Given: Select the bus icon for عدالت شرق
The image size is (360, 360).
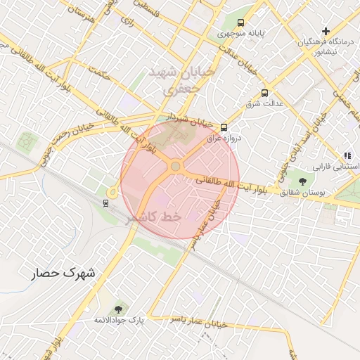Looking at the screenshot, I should pos(264,92).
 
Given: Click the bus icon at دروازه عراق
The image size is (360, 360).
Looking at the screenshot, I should pos(224,127).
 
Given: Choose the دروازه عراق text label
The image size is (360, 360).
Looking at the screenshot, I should pos(224,139).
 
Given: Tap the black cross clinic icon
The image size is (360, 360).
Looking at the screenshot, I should pos(325,31).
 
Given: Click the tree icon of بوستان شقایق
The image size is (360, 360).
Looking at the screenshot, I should pos(302,181).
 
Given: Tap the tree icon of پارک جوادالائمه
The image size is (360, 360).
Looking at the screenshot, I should pos(117,309).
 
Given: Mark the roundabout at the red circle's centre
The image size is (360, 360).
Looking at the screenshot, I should pos(175,167).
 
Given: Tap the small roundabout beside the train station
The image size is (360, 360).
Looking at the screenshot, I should pos(112,191).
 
